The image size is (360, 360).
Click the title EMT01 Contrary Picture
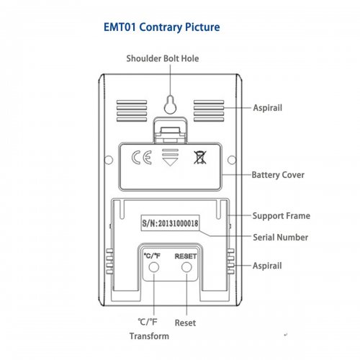tap(161, 27)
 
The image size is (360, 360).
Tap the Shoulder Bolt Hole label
tap(163, 58)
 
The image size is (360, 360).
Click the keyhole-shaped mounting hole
tap(170, 104)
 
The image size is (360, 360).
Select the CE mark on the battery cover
tap(142, 158)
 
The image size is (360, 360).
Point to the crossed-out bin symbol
tap(200, 158)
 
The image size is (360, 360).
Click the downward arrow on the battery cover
tap(170, 158)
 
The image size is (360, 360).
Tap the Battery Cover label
tap(278, 175)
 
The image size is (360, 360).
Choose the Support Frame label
tap(282, 216)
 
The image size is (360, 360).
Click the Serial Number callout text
tap(280, 238)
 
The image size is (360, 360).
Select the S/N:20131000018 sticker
tap(170, 223)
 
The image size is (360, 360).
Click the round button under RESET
tap(186, 267)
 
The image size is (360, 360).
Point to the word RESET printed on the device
tap(186, 256)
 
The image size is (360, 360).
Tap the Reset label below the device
tap(185, 323)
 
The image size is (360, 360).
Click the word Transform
tap(149, 336)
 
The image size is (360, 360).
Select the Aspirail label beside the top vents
tap(268, 108)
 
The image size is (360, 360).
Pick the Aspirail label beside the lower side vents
tap(267, 266)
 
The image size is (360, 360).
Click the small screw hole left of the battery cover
tap(109, 160)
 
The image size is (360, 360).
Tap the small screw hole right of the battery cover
tap(232, 160)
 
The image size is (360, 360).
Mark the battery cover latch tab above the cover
tap(170, 131)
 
